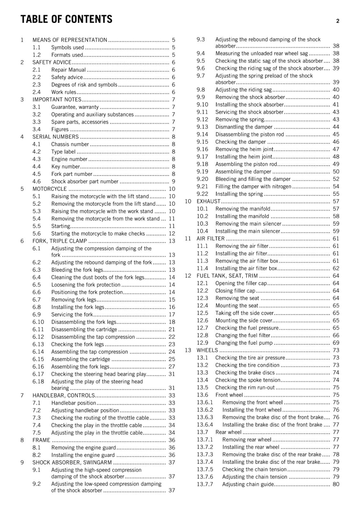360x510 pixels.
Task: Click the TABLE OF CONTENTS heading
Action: tap(66, 19)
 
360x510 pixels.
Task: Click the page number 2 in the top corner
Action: tap(337, 21)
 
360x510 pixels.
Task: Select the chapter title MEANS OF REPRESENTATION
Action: tap(70, 40)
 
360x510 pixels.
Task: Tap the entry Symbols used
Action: tap(68, 47)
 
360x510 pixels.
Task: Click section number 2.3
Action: tap(37, 85)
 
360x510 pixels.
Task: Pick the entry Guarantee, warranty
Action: tap(75, 107)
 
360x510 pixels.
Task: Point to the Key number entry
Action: tap(65, 166)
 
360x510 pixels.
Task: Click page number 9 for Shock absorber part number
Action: tap(173, 181)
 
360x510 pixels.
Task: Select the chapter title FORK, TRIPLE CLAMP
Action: tap(60, 241)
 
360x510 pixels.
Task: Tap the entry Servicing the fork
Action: tap(72, 314)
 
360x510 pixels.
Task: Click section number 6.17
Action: tap(38, 374)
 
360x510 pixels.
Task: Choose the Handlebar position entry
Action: tap(74, 403)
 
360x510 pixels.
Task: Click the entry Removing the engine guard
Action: tap(83, 448)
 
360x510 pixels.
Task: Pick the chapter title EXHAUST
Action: tap(208, 201)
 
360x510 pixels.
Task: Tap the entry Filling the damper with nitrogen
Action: tap(253, 186)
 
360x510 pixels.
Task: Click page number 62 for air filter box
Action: tap(336, 268)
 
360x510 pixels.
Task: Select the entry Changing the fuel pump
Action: tap(244, 343)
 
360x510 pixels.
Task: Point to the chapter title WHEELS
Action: tap(207, 350)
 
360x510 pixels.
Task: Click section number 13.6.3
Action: tap(205, 417)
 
